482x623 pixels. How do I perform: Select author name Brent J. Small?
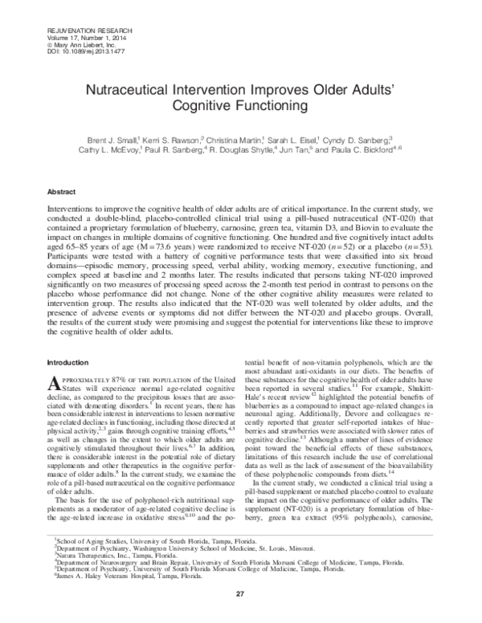pyautogui.click(x=114, y=140)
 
